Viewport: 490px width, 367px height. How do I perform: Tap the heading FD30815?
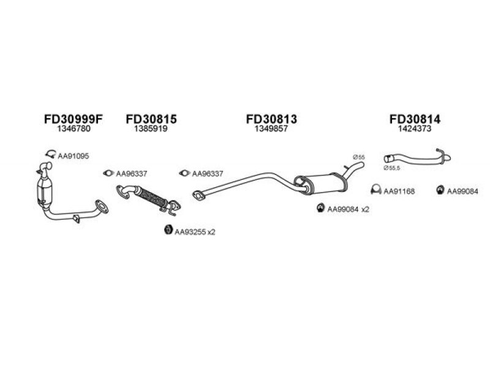pyautogui.click(x=151, y=120)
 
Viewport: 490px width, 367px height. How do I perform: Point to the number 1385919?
pyautogui.click(x=151, y=131)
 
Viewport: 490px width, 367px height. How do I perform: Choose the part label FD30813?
pyautogui.click(x=271, y=120)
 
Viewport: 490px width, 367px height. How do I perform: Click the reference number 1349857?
pyautogui.click(x=271, y=131)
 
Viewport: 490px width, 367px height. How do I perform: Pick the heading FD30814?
pyautogui.click(x=415, y=120)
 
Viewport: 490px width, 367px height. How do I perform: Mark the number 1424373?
pyautogui.click(x=415, y=131)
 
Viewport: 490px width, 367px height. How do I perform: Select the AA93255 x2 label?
pyautogui.click(x=195, y=232)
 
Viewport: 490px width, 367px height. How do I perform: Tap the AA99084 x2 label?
pyautogui.click(x=348, y=210)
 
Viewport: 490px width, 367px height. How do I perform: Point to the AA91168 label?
pyautogui.click(x=399, y=191)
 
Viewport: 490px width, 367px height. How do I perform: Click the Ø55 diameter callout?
pyautogui.click(x=359, y=158)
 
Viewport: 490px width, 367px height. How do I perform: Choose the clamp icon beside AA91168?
pyautogui.click(x=377, y=191)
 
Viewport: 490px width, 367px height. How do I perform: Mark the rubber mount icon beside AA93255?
pyautogui.click(x=168, y=231)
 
